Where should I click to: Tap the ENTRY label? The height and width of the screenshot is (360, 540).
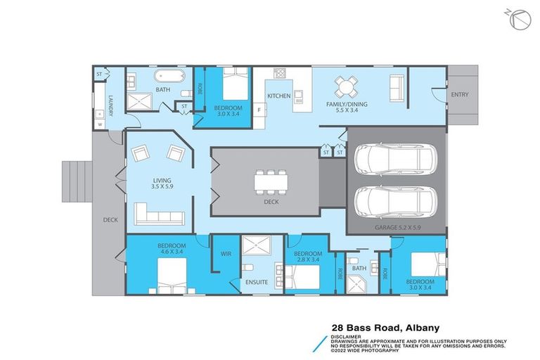click(x=459, y=95)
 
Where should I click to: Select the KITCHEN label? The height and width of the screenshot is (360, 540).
click(x=278, y=96)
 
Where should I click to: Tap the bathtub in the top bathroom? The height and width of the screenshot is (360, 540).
click(x=168, y=76)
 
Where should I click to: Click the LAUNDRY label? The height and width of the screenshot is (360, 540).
click(x=111, y=105)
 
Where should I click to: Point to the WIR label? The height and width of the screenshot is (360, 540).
click(x=226, y=254)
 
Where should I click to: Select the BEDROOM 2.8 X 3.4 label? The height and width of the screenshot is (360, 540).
click(x=308, y=257)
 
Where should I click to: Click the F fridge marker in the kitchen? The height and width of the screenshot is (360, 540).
click(x=259, y=110)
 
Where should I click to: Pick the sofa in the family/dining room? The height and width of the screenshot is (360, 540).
click(x=396, y=88)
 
